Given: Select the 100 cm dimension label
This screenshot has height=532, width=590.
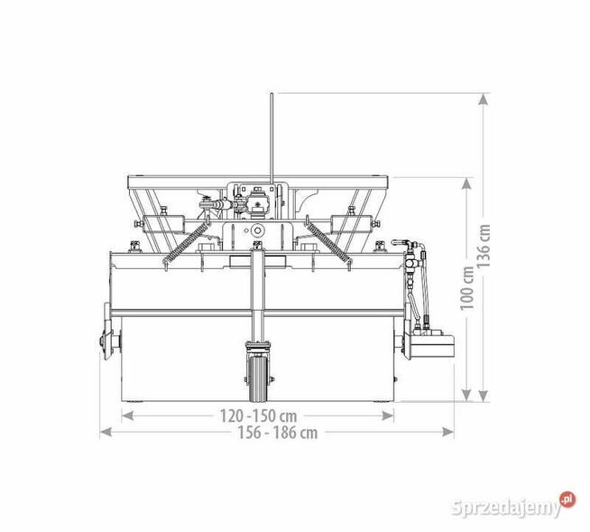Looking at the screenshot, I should [x=466, y=288].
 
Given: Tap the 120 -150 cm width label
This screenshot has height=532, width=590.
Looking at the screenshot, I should [x=257, y=415].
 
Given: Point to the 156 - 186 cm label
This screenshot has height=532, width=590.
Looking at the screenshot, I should [x=275, y=432].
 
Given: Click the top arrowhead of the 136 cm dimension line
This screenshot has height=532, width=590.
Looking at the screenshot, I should [x=484, y=98].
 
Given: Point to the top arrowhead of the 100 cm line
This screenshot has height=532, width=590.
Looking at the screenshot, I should [x=466, y=182].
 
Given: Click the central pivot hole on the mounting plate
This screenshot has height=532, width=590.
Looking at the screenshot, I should [x=257, y=231].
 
